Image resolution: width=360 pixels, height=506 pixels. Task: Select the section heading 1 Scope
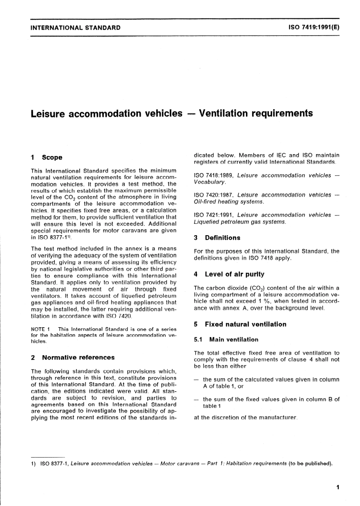click(47, 158)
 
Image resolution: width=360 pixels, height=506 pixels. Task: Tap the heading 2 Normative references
click(72, 358)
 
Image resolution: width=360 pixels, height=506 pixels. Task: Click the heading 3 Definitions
click(217, 238)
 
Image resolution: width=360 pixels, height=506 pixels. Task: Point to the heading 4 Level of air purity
click(229, 274)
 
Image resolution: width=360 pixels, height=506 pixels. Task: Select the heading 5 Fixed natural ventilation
click(240, 324)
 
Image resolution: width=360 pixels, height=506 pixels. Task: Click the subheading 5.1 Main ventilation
click(226, 340)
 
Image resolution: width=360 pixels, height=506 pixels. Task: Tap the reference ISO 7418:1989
click(214, 175)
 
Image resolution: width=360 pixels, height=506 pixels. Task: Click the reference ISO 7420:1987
click(214, 195)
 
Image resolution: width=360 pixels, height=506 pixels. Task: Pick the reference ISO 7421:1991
click(214, 215)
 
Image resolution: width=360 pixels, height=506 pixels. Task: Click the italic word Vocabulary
click(210, 182)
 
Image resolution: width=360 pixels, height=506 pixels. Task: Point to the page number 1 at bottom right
click(338, 487)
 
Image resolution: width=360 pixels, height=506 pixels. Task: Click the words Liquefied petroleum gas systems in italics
click(239, 222)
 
